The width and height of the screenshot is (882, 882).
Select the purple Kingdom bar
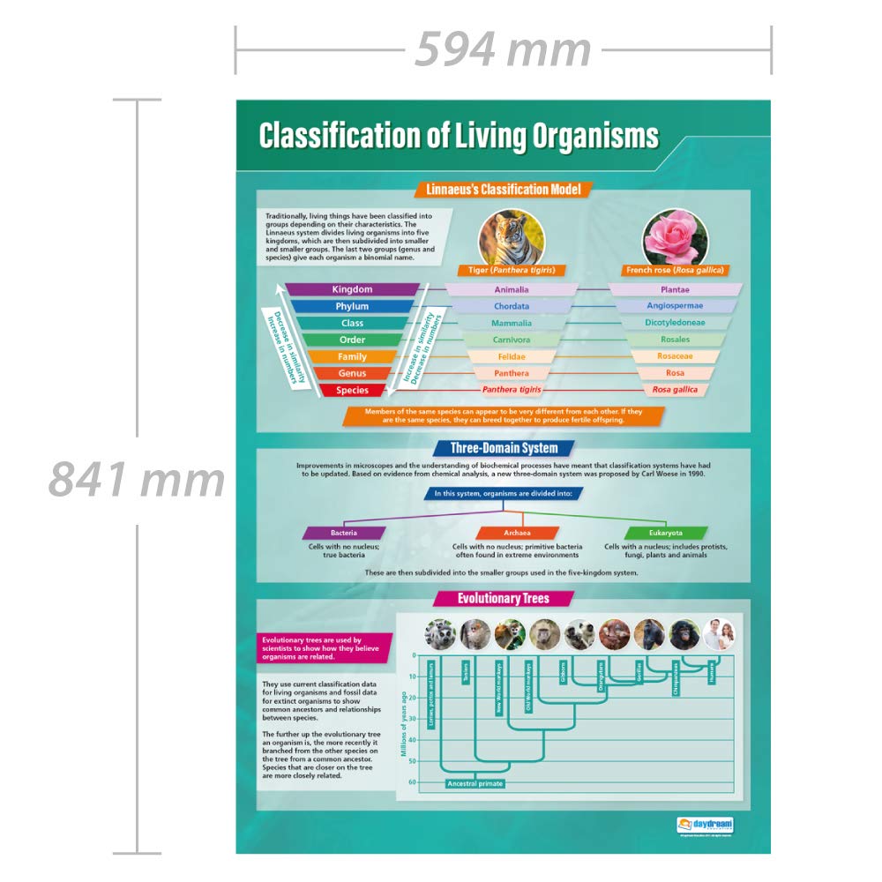click(x=352, y=289)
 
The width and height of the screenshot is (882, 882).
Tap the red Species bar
click(x=352, y=390)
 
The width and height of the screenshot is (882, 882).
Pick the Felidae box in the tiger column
click(x=512, y=356)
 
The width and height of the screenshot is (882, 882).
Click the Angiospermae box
click(x=675, y=306)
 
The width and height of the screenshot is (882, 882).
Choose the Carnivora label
click(x=512, y=340)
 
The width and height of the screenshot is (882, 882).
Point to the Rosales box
click(x=675, y=340)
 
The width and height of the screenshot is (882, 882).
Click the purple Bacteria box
click(x=344, y=533)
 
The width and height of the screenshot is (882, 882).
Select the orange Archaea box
click(x=517, y=533)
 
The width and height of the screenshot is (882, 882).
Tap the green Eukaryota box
click(x=666, y=533)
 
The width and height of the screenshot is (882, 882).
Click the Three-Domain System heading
click(x=504, y=448)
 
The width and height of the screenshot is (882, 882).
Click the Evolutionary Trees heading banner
click(x=504, y=599)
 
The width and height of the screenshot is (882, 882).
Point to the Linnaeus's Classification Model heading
click(x=504, y=189)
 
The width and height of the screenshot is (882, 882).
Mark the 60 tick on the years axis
click(x=411, y=782)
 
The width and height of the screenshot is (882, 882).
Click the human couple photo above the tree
click(x=722, y=634)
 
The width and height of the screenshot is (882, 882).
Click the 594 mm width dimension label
click(x=503, y=49)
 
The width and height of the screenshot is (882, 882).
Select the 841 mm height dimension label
click(x=137, y=481)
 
